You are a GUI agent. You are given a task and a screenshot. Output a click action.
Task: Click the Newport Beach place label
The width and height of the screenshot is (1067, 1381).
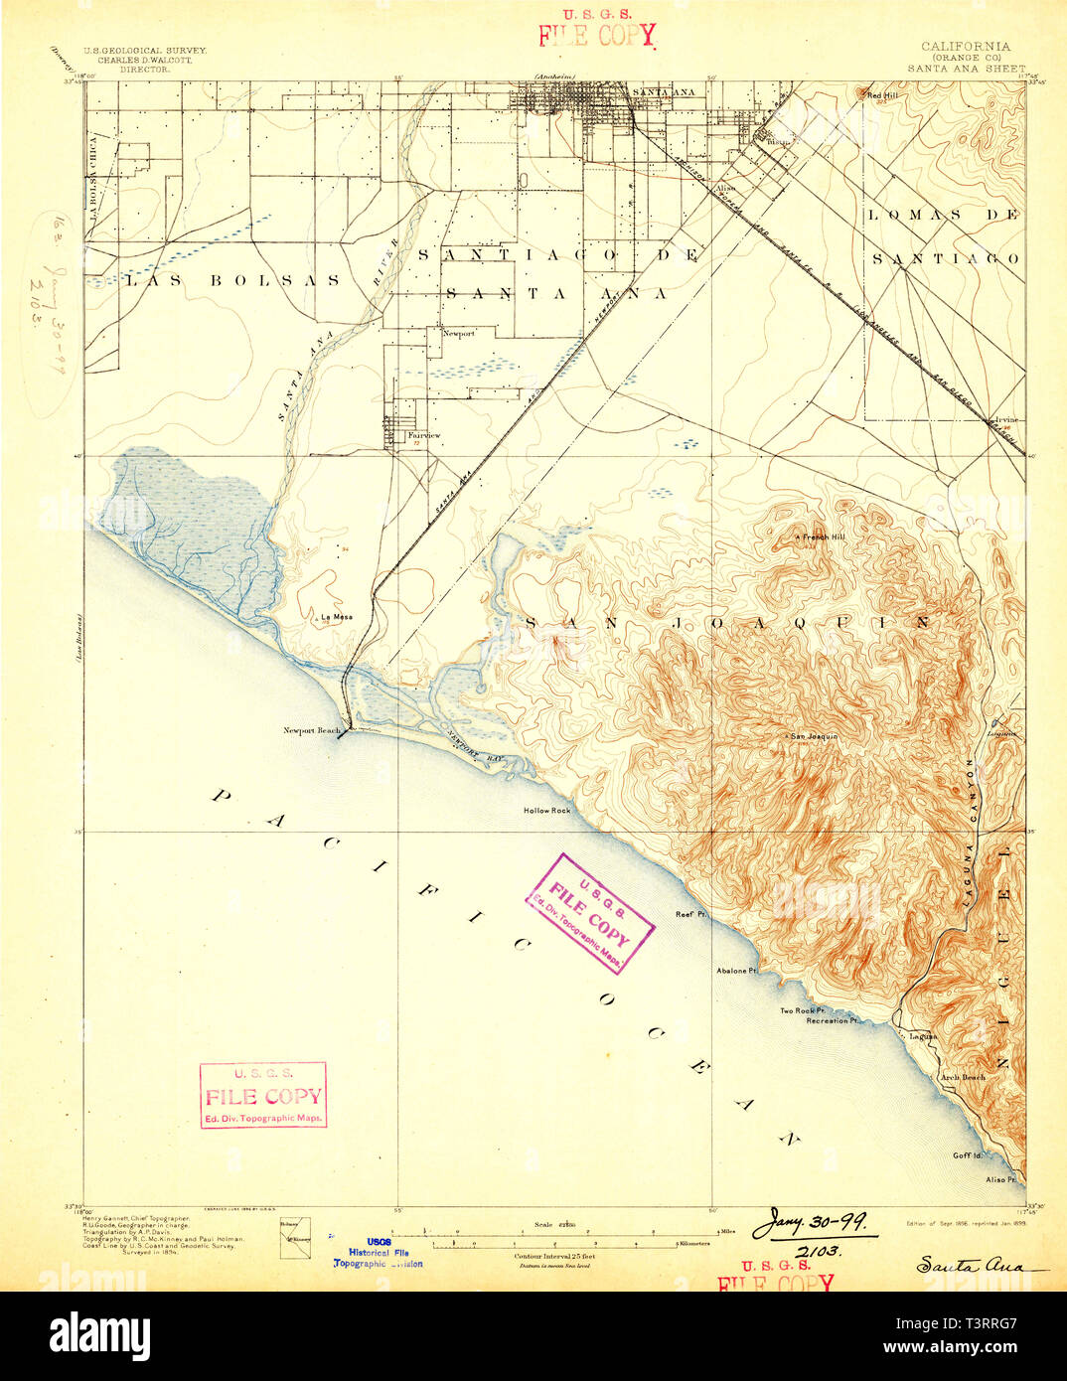311,731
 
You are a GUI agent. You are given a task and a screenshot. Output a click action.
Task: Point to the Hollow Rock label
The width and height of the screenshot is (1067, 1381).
547,811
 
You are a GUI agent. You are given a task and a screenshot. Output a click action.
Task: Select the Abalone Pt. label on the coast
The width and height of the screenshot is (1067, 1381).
736,970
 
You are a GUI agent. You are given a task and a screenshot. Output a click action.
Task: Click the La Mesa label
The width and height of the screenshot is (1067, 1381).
336,617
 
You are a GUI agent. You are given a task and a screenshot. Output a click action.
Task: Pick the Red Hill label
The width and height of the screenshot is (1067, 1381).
880,95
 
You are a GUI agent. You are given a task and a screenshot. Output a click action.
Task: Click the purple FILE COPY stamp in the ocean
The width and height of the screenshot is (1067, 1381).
590,913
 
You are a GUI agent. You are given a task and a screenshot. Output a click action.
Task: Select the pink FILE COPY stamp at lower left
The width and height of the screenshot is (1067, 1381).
263,1095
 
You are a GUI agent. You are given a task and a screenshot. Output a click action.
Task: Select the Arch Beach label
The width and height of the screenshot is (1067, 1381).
963,1077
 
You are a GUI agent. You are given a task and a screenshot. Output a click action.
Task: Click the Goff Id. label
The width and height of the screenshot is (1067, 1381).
967,1155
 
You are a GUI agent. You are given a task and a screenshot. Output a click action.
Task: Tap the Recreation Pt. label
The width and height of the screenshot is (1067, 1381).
833,1020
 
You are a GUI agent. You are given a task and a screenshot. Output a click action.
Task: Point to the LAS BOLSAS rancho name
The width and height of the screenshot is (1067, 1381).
232,281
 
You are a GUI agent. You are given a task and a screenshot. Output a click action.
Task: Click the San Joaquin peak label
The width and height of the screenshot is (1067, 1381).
814,736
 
